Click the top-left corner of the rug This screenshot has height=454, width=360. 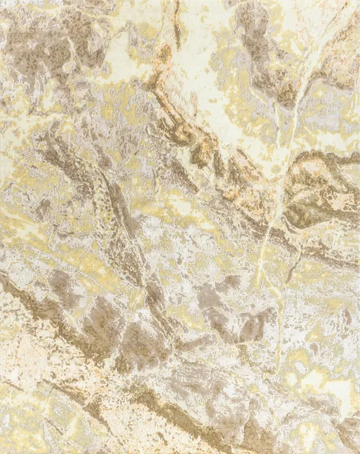[x=1, y=1]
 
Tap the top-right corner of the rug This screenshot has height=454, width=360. [x=358, y=1]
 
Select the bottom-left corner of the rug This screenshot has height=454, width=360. [x=1, y=452]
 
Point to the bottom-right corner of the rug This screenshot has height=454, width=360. [x=358, y=452]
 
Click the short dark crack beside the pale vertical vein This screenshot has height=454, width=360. [x=295, y=259]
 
